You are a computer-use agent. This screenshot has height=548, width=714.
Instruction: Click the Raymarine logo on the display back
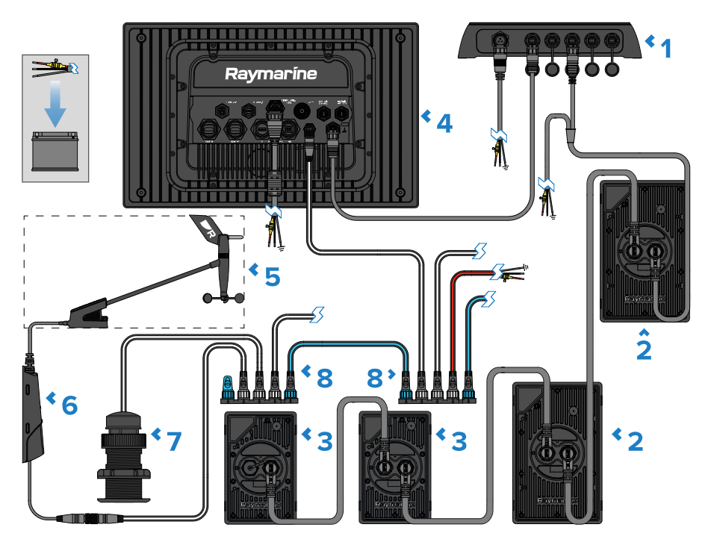(271, 74)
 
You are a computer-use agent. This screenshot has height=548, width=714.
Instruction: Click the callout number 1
(665, 49)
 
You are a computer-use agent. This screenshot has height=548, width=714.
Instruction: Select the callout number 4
(444, 122)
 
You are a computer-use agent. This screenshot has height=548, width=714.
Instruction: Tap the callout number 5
(272, 276)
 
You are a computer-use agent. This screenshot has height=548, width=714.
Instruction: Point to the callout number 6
(69, 405)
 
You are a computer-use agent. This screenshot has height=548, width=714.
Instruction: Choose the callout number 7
(173, 441)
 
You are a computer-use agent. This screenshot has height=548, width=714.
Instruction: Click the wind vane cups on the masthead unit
(224, 299)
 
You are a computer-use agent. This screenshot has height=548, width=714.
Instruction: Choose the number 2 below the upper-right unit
(643, 349)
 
